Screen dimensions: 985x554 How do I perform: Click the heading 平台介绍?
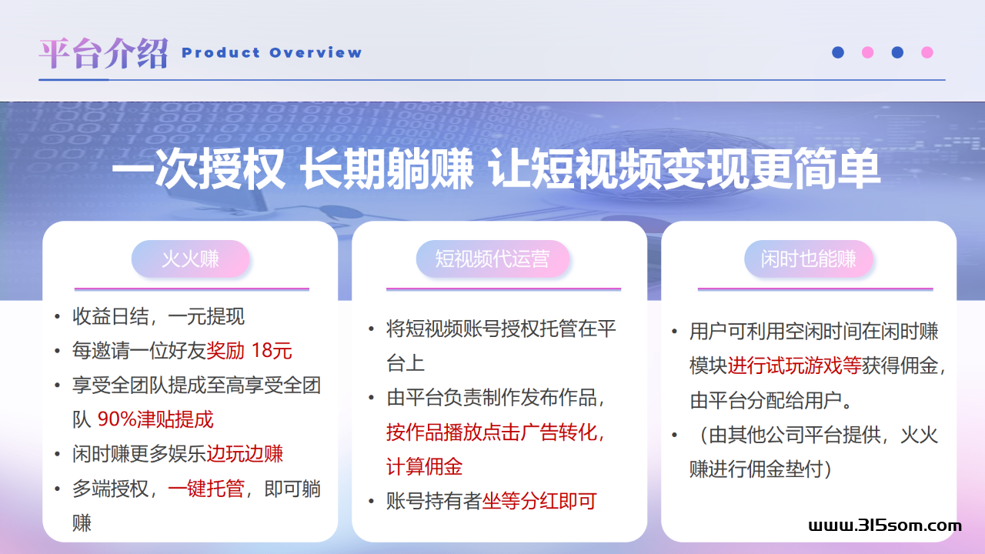(103, 53)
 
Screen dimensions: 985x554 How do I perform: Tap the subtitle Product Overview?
(272, 53)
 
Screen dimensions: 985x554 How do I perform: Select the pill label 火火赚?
(190, 259)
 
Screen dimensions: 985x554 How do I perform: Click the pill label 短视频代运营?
(492, 259)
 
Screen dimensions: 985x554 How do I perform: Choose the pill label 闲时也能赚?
(808, 259)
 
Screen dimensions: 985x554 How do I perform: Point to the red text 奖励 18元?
(249, 350)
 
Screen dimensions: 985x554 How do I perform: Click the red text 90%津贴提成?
(155, 419)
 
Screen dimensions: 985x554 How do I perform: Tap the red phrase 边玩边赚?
(245, 454)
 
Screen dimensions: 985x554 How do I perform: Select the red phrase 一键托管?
(205, 489)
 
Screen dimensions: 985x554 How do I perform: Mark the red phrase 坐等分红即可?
(539, 501)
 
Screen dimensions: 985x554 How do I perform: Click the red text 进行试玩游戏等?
(795, 365)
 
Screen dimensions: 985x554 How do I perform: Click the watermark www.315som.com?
(885, 526)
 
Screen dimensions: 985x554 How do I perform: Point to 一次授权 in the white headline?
(199, 169)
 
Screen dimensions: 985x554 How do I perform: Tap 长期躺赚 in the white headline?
(386, 169)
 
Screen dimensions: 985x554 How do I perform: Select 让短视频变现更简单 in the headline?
(685, 169)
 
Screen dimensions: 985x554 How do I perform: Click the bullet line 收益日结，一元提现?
(159, 316)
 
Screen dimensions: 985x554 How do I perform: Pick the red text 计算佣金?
(424, 466)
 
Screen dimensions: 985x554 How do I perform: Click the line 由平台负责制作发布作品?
(492, 398)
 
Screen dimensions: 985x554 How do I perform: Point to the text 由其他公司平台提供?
(795, 435)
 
